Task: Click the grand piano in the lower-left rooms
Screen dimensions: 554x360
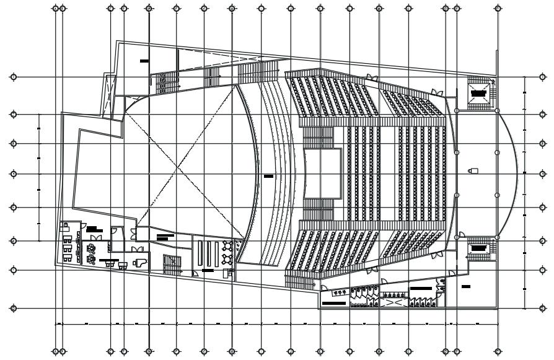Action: point(141,262)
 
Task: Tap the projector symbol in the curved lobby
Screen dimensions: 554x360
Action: point(474,170)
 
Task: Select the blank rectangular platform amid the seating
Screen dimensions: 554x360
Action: point(323,173)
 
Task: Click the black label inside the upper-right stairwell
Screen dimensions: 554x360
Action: point(478,93)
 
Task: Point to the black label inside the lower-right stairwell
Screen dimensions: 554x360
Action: point(478,247)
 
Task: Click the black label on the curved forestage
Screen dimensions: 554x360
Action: point(268,177)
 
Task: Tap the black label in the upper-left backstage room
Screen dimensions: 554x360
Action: point(144,61)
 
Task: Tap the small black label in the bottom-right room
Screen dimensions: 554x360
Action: point(466,287)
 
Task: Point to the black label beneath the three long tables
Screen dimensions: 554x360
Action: point(207,271)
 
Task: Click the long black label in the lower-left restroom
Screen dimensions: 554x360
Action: point(333,304)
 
